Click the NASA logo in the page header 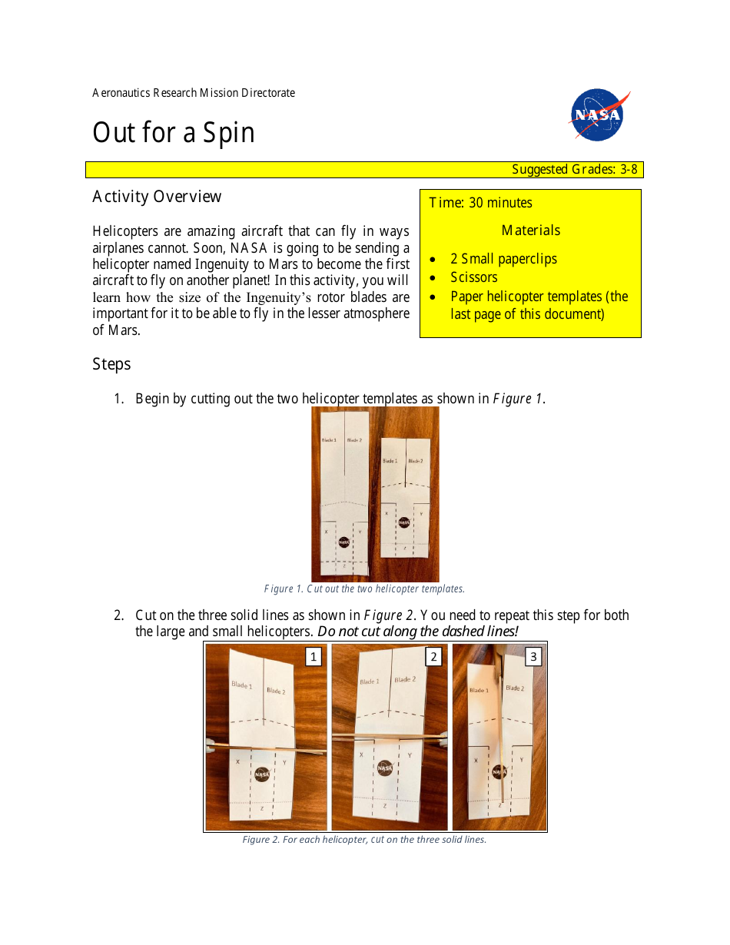pyautogui.click(x=599, y=115)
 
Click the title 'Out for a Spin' pyautogui.click(x=173, y=133)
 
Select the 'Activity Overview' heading pyautogui.click(x=157, y=197)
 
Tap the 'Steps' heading pyautogui.click(x=111, y=364)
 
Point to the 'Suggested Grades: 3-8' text pyautogui.click(x=574, y=170)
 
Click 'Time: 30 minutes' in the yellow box pyautogui.click(x=480, y=203)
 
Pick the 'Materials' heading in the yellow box pyautogui.click(x=530, y=230)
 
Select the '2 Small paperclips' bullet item pyautogui.click(x=503, y=259)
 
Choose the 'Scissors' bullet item pyautogui.click(x=473, y=277)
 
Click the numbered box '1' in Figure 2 pyautogui.click(x=313, y=657)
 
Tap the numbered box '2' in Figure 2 pyautogui.click(x=433, y=657)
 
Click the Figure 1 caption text pyautogui.click(x=364, y=589)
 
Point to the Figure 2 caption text pyautogui.click(x=364, y=840)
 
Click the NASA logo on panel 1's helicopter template pyautogui.click(x=261, y=774)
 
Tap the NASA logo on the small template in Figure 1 pyautogui.click(x=404, y=522)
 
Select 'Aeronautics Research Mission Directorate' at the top pyautogui.click(x=194, y=93)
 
